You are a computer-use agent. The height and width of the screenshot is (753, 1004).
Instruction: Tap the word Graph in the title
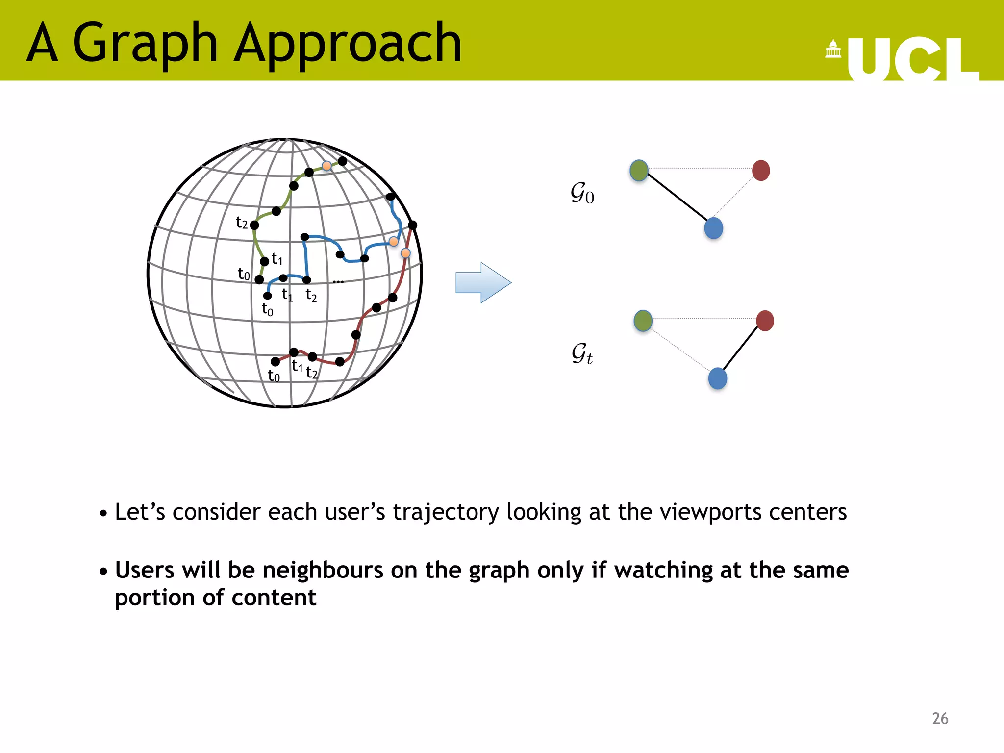(x=145, y=44)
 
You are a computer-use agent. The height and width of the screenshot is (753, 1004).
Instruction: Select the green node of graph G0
(x=639, y=171)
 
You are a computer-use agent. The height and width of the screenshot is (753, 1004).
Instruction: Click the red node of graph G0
(x=760, y=171)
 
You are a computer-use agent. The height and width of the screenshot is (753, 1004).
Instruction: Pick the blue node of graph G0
(x=713, y=228)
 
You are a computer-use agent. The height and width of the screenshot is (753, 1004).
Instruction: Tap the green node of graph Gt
(x=643, y=321)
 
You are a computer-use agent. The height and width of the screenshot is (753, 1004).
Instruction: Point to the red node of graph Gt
(x=765, y=321)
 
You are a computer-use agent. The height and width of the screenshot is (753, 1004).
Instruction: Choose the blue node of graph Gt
(x=717, y=378)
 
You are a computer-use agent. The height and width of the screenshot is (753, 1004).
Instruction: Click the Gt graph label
(x=582, y=353)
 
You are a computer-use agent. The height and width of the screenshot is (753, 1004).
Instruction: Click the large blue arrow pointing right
(x=483, y=282)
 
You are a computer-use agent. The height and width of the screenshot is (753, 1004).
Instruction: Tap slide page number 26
(x=940, y=718)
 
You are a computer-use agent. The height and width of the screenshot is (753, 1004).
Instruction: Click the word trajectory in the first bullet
(x=445, y=512)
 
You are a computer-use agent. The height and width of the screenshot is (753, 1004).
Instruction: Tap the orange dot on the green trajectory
(x=326, y=166)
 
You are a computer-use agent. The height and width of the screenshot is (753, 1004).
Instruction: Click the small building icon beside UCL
(x=833, y=49)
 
